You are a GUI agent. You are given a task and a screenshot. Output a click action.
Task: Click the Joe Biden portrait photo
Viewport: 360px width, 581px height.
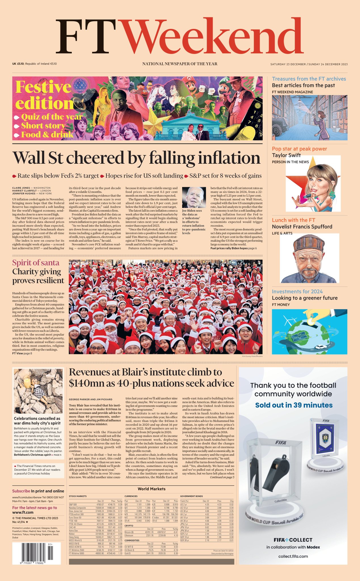click(x=194, y=197)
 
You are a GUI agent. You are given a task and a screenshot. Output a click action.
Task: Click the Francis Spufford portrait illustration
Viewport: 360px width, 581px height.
click(x=310, y=258)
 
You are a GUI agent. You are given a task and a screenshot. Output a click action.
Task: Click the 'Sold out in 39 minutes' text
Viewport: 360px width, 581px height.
click(x=294, y=405)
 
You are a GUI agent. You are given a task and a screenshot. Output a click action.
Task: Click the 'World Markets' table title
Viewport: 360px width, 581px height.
click(x=151, y=489)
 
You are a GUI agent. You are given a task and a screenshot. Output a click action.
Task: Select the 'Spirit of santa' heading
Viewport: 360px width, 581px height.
click(x=36, y=263)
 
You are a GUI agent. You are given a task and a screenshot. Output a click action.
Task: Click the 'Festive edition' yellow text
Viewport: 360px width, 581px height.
click(x=44, y=95)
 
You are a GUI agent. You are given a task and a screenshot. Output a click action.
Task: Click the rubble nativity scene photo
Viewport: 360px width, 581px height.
click(x=38, y=391)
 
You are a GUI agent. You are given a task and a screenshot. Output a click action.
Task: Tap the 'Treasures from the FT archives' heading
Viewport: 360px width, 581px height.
click(x=309, y=79)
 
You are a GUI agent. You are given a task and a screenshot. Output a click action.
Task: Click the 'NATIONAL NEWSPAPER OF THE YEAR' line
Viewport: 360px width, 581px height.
click(x=180, y=64)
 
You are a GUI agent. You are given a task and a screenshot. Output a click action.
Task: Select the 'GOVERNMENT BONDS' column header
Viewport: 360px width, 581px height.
click(x=191, y=496)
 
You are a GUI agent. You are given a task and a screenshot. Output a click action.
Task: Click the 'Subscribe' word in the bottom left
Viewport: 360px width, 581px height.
click(x=21, y=491)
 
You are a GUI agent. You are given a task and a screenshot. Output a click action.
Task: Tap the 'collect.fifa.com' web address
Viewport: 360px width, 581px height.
click(x=293, y=556)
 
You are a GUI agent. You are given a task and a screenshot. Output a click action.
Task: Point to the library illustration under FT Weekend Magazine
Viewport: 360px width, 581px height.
click(x=310, y=117)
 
